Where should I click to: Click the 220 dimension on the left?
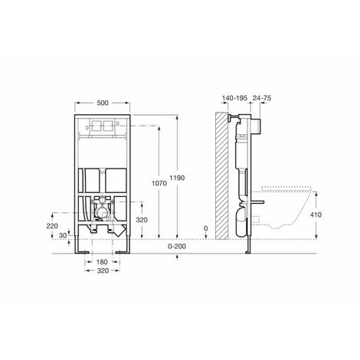tap(52, 226)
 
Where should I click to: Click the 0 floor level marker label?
tap(206, 228)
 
